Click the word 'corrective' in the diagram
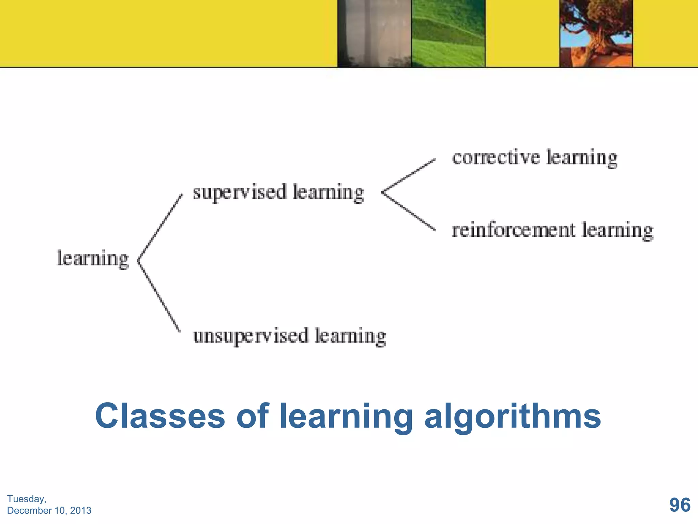tap(496, 158)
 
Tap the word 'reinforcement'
tap(513, 230)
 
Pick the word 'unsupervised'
tap(251, 336)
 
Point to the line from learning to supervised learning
tap(160, 227)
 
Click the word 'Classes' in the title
tap(160, 416)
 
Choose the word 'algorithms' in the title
tap(513, 417)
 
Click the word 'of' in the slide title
tap(252, 416)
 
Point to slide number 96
tap(680, 505)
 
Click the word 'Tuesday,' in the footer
tap(27, 499)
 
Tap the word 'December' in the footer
tap(29, 511)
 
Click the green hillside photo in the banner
tap(448, 33)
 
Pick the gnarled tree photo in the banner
tap(596, 33)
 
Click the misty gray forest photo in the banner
tap(374, 33)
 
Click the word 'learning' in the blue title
tap(346, 417)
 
